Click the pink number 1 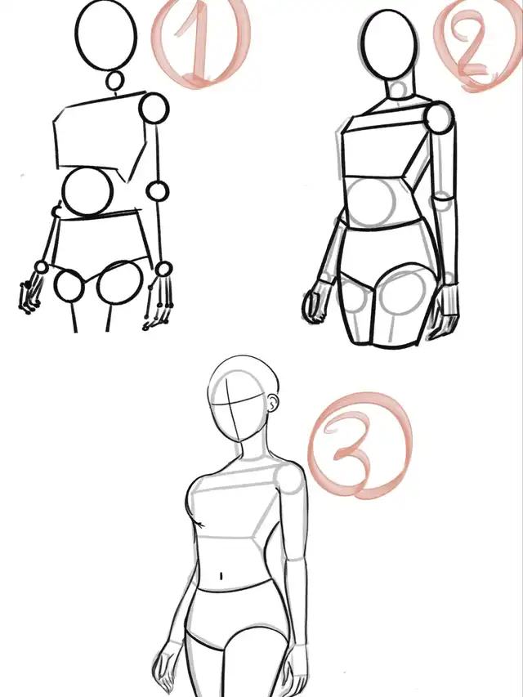pos(199,44)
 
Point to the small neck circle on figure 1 pos(115,82)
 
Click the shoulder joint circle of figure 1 pos(154,108)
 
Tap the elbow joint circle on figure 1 pos(158,191)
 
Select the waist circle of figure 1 pos(87,191)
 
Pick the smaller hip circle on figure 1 pos(69,285)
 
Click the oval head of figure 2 pos(390,43)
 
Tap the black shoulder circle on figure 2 pos(440,118)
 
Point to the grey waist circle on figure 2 pos(371,203)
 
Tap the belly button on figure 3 pos(221,576)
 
